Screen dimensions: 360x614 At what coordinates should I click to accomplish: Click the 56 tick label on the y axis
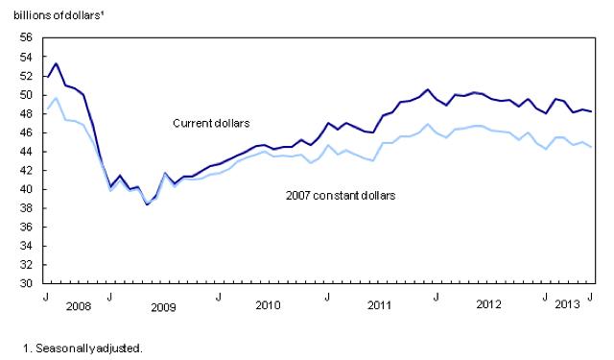click(x=26, y=37)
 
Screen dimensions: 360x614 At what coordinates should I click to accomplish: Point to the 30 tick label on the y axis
click(x=26, y=284)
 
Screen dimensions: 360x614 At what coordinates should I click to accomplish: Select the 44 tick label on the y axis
click(x=26, y=152)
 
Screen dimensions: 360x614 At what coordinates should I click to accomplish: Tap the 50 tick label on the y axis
click(x=26, y=95)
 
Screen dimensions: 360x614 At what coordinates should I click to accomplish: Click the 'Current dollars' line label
click(x=210, y=123)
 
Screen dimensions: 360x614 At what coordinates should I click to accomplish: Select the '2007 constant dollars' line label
click(x=342, y=196)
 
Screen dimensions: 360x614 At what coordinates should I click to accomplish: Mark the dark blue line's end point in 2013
click(x=590, y=111)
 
